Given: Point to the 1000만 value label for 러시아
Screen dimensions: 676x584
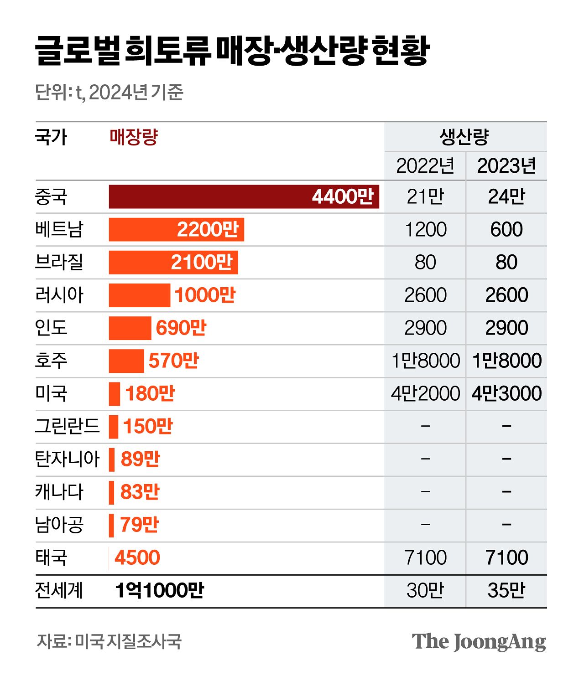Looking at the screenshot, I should [x=205, y=295].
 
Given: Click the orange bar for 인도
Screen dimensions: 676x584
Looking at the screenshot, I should [x=130, y=328].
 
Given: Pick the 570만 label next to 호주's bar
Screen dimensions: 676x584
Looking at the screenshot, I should [x=173, y=361].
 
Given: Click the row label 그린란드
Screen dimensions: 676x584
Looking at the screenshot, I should [x=67, y=426].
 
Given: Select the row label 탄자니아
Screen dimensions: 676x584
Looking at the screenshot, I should [x=67, y=459].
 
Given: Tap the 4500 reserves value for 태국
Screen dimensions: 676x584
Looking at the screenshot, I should [x=137, y=557].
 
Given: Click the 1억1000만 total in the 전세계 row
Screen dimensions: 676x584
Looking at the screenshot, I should [x=159, y=590].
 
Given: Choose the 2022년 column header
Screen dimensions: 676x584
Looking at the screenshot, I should [x=425, y=166].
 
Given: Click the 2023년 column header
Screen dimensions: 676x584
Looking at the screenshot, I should [x=506, y=166].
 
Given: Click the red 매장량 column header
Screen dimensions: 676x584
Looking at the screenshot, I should [x=134, y=137].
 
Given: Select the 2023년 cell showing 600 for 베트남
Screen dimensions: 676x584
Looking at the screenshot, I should [x=506, y=229].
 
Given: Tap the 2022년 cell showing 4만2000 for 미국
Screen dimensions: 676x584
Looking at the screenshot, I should [x=425, y=393].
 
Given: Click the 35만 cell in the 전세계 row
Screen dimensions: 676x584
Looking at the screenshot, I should [x=506, y=590].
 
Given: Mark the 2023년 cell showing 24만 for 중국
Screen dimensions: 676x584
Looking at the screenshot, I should [x=506, y=197].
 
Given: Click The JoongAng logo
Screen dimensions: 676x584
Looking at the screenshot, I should [x=479, y=642].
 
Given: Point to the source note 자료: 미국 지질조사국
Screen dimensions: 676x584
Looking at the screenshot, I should [x=109, y=641].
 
